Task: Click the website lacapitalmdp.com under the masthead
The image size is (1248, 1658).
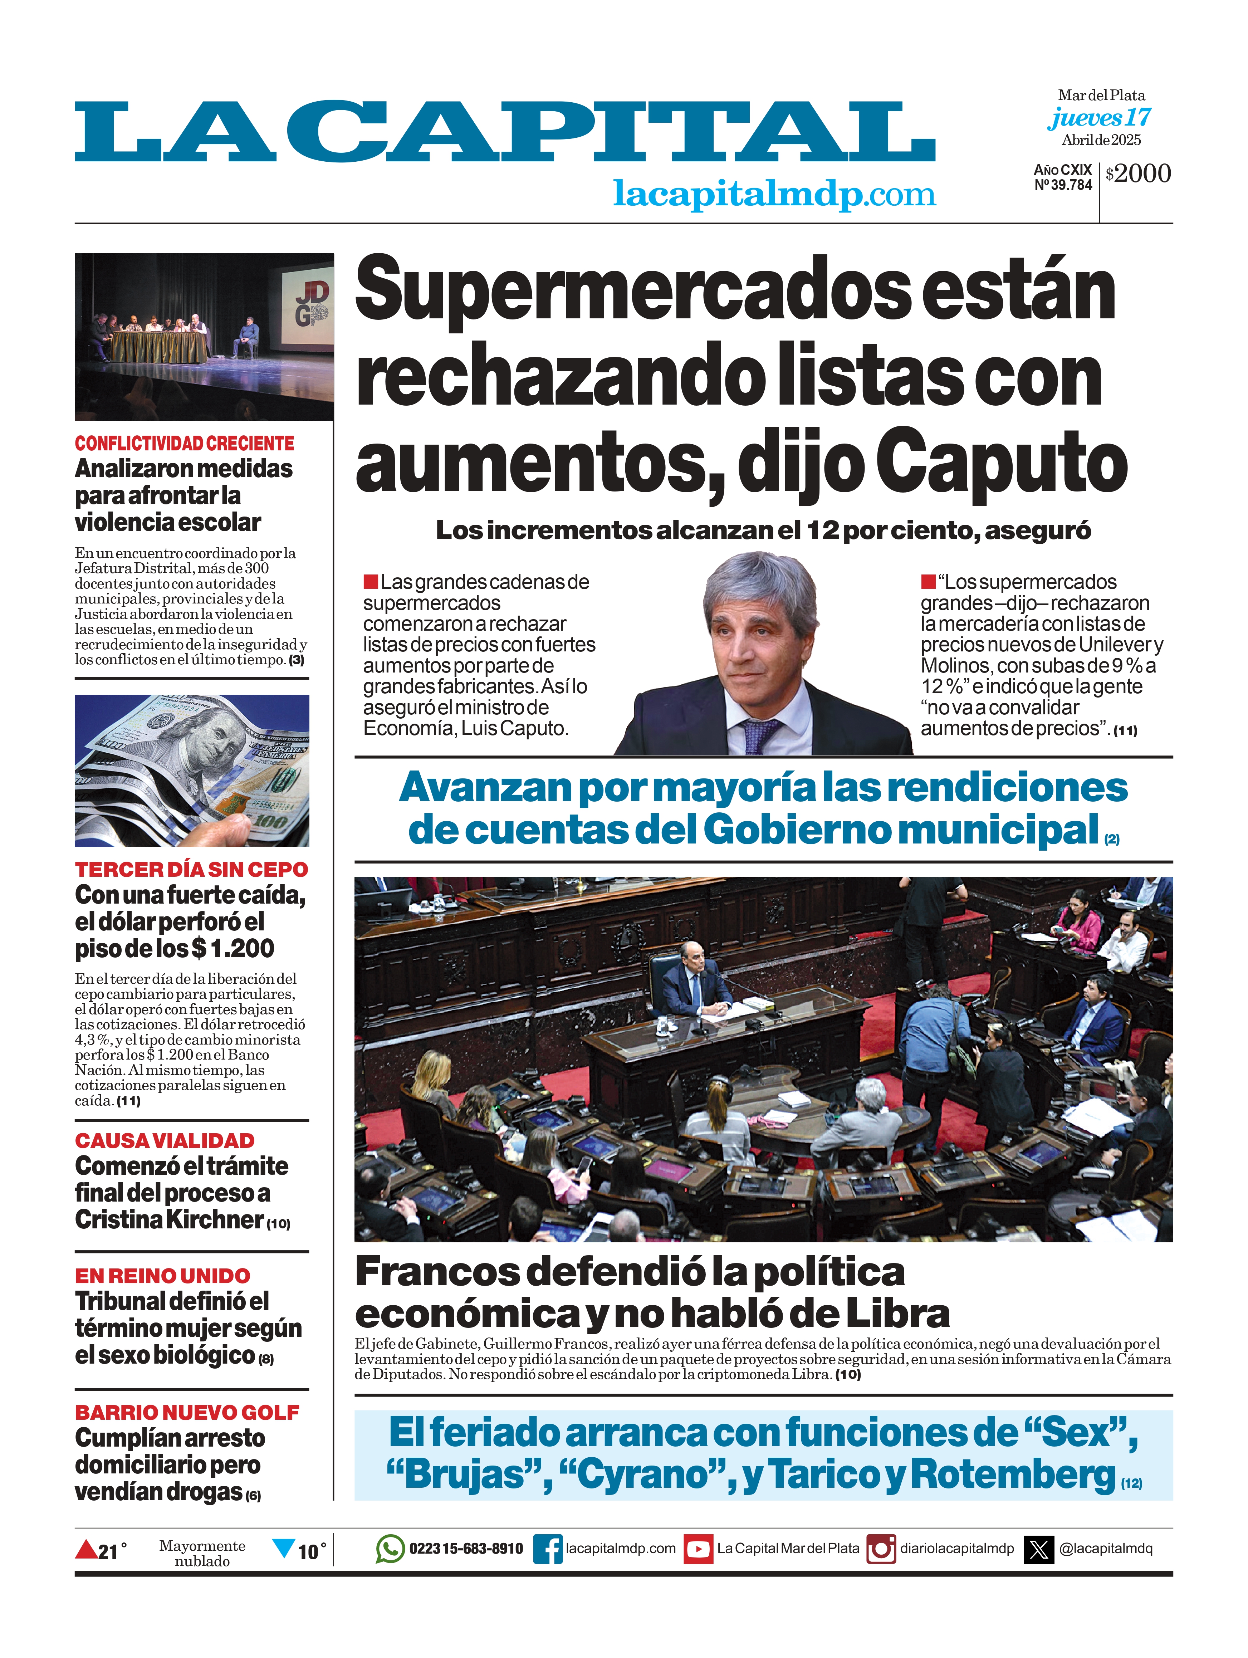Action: click(x=774, y=194)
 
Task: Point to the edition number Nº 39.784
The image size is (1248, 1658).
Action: click(x=1063, y=185)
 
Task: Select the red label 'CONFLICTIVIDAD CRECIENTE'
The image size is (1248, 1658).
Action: click(x=184, y=444)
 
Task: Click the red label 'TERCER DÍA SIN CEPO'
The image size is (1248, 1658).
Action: click(x=191, y=870)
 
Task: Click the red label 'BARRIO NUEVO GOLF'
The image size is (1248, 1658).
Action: click(x=187, y=1413)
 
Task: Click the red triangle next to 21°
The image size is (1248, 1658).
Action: click(x=86, y=1549)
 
